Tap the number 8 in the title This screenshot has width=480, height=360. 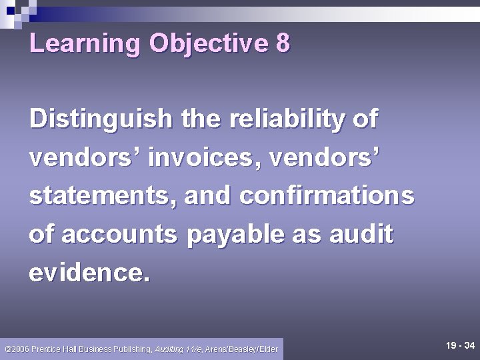pos(282,44)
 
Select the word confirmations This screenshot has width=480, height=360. pos(327,197)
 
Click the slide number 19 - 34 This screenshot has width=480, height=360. pos(460,345)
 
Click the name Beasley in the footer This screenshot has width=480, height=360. pos(244,349)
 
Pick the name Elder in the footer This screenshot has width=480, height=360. pos(269,349)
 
